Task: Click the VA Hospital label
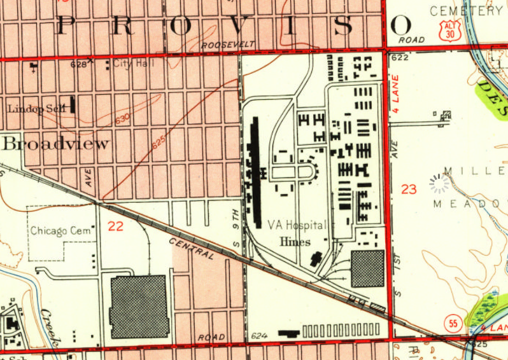(297, 225)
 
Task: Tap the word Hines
(295, 242)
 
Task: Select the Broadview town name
(55, 143)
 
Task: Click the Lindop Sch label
(36, 109)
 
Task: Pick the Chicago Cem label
(62, 230)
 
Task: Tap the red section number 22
(116, 225)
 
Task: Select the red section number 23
(409, 189)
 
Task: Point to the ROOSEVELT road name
(227, 45)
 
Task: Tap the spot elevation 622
(400, 58)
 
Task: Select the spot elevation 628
(79, 64)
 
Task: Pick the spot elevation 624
(258, 335)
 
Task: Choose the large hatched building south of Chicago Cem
(139, 307)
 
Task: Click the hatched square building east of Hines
(368, 268)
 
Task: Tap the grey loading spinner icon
(439, 184)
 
